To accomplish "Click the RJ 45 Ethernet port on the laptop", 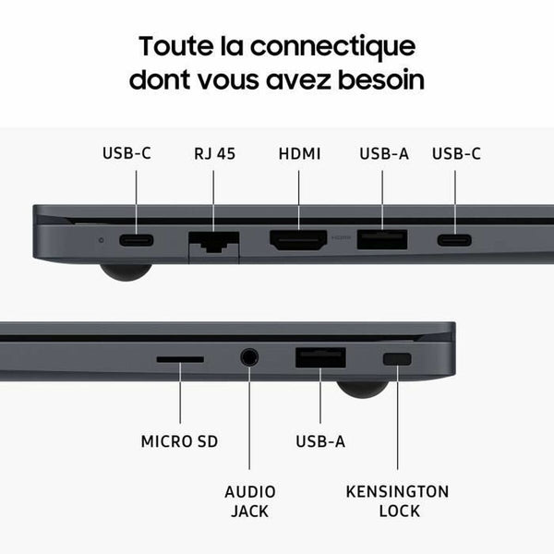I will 213,243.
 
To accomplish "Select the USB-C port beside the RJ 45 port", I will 137,240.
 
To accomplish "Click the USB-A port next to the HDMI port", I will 382,240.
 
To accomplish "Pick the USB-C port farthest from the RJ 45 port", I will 454,240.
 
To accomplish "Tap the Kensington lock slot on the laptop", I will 398,358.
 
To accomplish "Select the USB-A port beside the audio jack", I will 320,357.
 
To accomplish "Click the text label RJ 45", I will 214,153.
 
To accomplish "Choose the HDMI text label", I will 299,153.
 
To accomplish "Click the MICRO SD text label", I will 179,441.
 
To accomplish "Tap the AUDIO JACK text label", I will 249,501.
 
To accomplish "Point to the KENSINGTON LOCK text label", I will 397,501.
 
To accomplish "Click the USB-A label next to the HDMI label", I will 383,153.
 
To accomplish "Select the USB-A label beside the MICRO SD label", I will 320,441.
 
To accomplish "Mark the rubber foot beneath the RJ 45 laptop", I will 126,271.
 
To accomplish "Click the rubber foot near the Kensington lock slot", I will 361,388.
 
